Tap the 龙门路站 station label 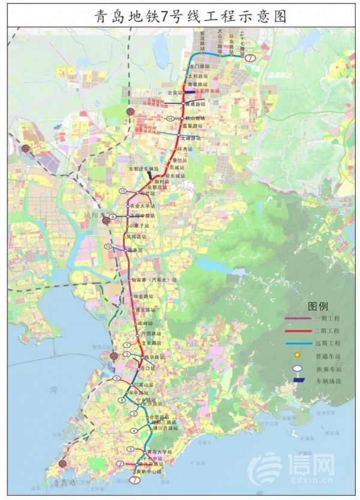[x=199, y=65]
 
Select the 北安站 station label [x=173, y=92]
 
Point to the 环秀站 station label [x=186, y=148]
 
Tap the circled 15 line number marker [x=122, y=191]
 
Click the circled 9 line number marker [x=112, y=216]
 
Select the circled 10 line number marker [x=108, y=247]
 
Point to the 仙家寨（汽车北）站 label [x=154, y=280]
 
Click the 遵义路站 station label [x=146, y=310]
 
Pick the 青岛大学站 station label [x=158, y=451]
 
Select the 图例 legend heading [x=317, y=306]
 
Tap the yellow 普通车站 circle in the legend [x=296, y=355]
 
